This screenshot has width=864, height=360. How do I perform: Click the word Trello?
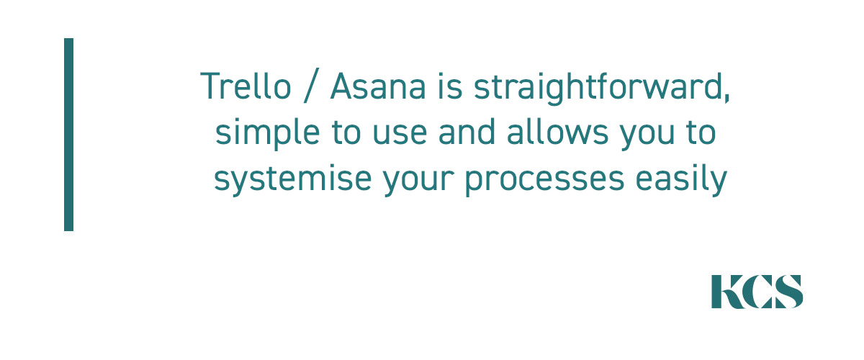point(246,86)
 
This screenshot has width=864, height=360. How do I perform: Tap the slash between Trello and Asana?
point(312,85)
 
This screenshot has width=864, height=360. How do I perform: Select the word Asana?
point(378,86)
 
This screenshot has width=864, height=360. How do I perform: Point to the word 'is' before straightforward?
point(450,86)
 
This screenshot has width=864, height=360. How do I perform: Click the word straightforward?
point(598,88)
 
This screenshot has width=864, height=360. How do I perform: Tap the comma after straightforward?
point(726,98)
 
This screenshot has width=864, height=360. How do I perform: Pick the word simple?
point(268,133)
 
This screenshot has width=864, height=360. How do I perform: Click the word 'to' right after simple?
point(346,132)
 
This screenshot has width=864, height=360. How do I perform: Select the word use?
point(400,135)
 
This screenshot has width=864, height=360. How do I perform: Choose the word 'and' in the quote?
point(467,132)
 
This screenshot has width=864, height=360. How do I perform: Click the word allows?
point(558,132)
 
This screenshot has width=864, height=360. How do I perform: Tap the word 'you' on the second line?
point(647,137)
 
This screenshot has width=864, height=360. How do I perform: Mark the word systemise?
point(293,179)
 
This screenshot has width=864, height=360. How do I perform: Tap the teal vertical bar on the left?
point(68,134)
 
